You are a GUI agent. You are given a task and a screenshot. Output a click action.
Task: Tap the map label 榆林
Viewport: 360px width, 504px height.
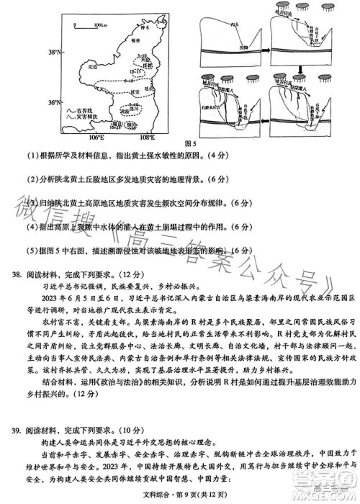coord(138,43)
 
